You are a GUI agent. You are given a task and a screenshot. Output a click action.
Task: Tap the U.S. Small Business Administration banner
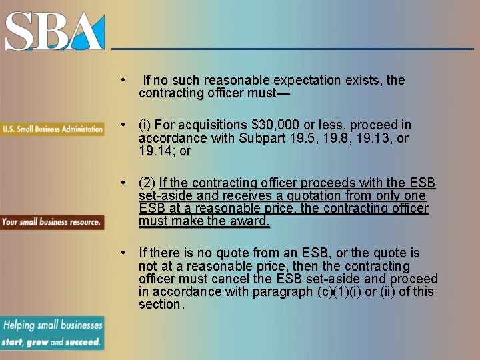click(x=52, y=129)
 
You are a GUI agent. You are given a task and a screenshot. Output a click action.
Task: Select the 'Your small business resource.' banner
click(x=52, y=222)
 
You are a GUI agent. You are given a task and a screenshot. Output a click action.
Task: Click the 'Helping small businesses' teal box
click(x=52, y=333)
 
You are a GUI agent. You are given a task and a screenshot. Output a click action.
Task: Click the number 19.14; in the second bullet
click(x=157, y=151)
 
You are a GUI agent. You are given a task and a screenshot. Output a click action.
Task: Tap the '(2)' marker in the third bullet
click(x=147, y=183)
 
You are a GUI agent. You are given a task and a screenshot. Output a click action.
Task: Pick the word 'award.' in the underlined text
click(x=251, y=221)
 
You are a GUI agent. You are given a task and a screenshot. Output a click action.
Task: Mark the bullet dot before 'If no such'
click(x=123, y=80)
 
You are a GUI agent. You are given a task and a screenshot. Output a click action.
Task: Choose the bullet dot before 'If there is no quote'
click(x=123, y=253)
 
